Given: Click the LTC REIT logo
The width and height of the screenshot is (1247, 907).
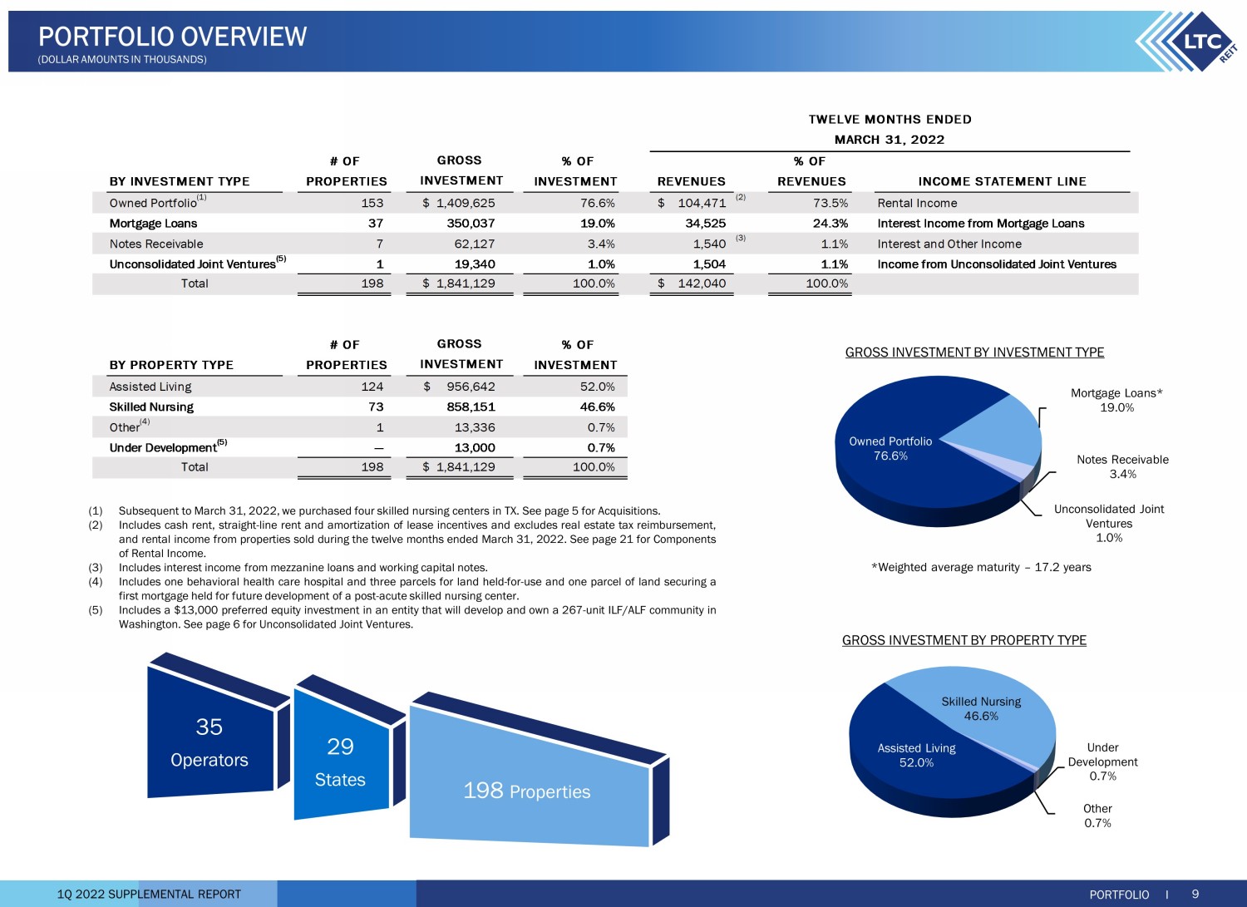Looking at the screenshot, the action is coord(1188,42).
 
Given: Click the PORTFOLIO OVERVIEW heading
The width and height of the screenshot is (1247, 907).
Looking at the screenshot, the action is coord(173,37).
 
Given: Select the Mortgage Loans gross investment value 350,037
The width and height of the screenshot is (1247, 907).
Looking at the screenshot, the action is coord(471,224).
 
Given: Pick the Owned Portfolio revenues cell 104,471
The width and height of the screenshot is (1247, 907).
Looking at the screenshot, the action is coord(702,203).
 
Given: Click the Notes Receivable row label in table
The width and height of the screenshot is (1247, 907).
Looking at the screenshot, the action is coord(156,244).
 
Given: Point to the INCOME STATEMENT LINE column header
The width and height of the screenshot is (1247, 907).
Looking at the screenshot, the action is coord(1002,181).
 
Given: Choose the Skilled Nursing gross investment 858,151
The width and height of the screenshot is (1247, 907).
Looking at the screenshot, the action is coord(471,407).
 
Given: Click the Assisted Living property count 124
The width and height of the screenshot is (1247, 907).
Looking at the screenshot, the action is coord(372,387).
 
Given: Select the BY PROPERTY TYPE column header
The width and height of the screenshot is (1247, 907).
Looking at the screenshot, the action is coord(171,365).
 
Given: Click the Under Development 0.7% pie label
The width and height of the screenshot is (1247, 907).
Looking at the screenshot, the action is coord(1102,762).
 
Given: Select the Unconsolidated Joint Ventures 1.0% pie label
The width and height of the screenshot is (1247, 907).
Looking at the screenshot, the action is coord(1109,524).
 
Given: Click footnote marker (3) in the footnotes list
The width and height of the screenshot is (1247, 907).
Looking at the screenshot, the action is coord(96,567).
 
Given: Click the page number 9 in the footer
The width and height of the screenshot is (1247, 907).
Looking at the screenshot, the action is coord(1195,894).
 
